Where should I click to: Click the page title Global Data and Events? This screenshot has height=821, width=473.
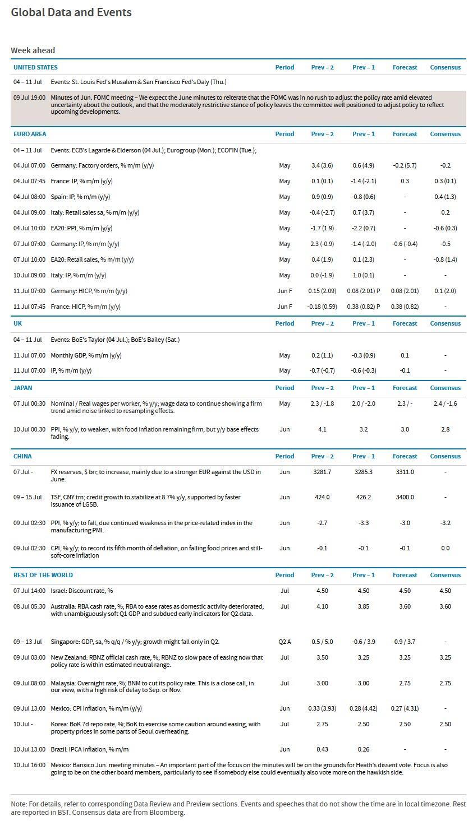[71, 12]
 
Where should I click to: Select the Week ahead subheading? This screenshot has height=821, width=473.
[33, 50]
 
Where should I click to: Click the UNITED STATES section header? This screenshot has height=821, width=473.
[35, 67]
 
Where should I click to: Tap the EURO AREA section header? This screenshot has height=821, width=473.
[30, 134]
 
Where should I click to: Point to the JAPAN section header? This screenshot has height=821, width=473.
[23, 388]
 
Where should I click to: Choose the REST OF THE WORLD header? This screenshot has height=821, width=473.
[43, 575]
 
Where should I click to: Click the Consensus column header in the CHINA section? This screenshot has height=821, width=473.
[445, 456]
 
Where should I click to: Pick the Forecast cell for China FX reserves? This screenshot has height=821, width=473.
[405, 472]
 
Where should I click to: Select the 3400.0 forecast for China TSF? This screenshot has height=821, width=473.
[405, 497]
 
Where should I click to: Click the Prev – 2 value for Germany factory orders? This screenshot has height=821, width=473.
[322, 165]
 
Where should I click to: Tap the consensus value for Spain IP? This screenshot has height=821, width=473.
[445, 197]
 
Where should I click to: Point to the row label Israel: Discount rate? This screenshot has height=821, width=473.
[81, 591]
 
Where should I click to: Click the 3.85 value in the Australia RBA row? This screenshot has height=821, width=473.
[364, 606]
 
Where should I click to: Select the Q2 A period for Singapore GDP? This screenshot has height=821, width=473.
[284, 642]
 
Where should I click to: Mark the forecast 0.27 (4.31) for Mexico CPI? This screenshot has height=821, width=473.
[405, 708]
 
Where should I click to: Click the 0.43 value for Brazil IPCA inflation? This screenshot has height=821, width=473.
[322, 749]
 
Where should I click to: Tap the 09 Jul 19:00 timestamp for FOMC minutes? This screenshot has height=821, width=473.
[30, 98]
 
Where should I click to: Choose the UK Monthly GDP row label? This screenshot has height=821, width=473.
[86, 355]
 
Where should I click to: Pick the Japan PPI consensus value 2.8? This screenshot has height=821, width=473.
[445, 429]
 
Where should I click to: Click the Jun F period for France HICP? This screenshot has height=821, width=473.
[284, 307]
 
